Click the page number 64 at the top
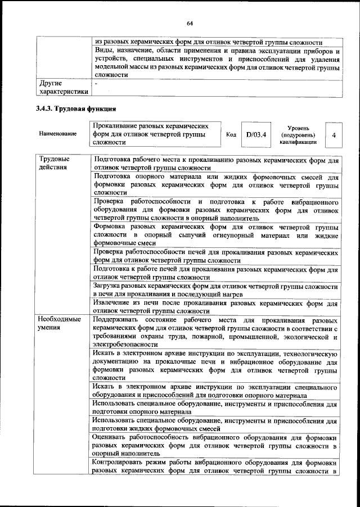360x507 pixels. click(x=190, y=22)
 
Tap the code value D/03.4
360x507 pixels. click(x=255, y=135)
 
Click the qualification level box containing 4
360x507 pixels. click(x=334, y=135)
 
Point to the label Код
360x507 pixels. click(x=231, y=135)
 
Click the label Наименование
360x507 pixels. click(x=58, y=135)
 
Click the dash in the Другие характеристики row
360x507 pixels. click(x=97, y=84)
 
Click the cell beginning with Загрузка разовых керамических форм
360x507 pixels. click(x=215, y=290)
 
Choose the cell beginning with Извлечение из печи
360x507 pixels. click(x=215, y=306)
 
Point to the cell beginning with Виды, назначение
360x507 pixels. click(x=215, y=62)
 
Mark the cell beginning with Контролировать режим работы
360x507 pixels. click(x=215, y=466)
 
